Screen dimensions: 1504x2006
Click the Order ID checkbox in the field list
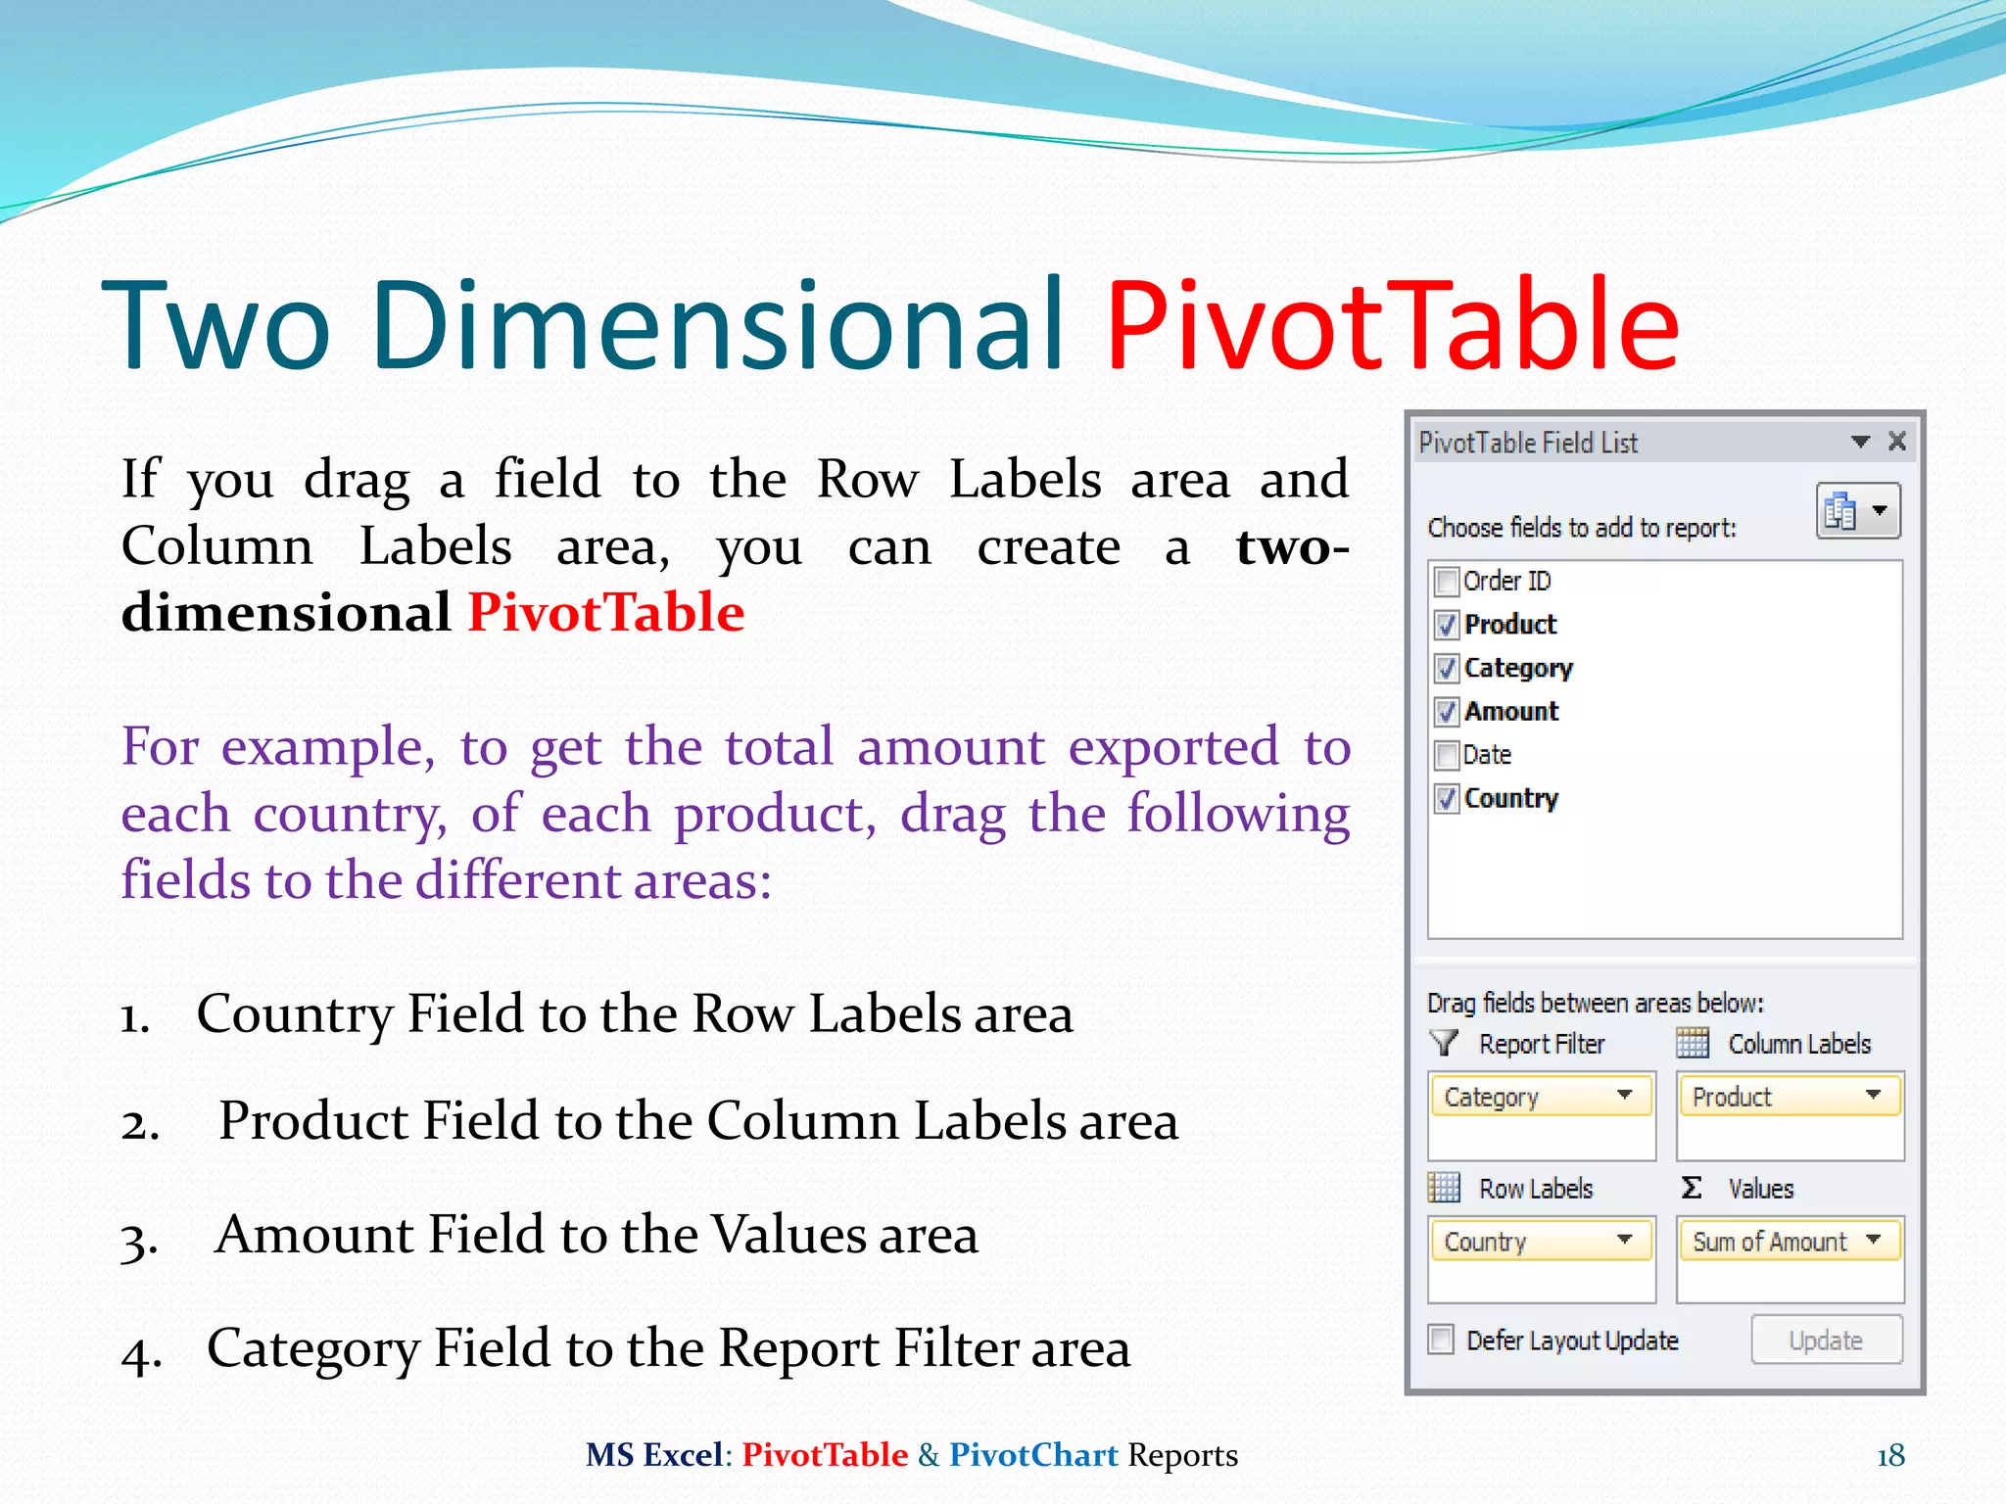coord(1446,582)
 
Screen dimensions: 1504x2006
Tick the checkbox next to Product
coord(1446,625)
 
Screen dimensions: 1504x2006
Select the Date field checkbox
coord(1446,755)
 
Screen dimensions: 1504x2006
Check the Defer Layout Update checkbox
coord(1441,1339)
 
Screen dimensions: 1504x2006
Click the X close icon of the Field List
coord(1897,442)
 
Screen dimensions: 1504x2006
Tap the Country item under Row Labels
coord(1486,1242)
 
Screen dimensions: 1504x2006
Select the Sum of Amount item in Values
coord(1769,1242)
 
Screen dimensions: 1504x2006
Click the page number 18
coord(1890,1456)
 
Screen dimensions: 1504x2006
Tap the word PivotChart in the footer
coord(1033,1455)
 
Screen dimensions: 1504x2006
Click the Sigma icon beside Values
coord(1692,1188)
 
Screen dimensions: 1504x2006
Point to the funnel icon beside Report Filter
coord(1444,1043)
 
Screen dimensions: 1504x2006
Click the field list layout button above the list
coord(1857,511)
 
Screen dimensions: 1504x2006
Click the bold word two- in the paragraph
coord(1292,546)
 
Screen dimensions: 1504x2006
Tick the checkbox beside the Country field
coord(1446,799)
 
